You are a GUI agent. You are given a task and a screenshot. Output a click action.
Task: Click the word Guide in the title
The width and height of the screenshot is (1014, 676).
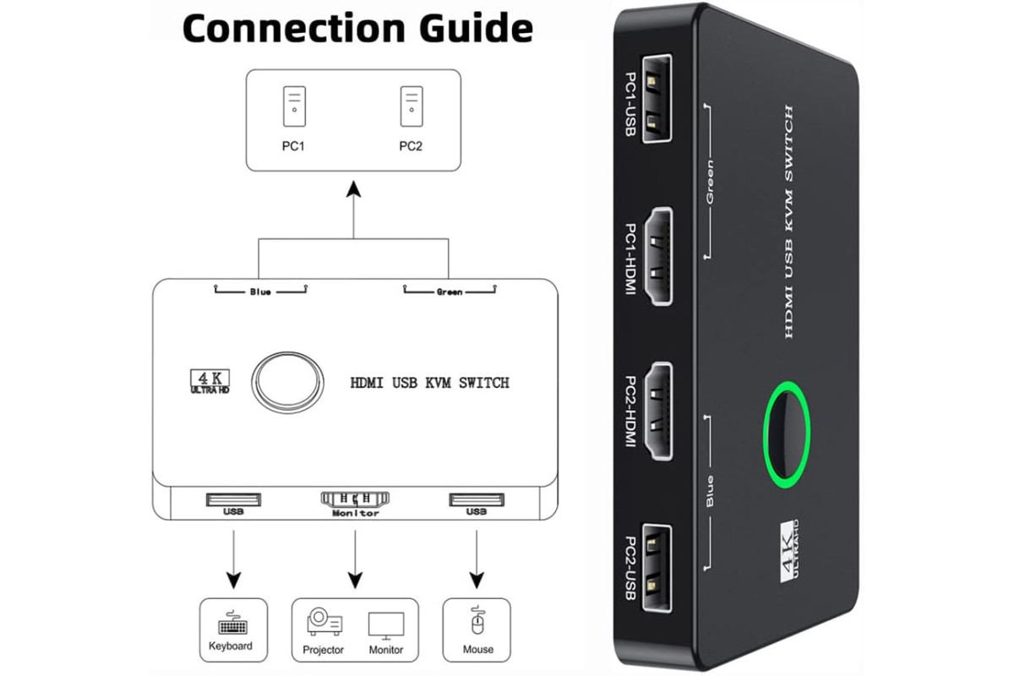click(476, 28)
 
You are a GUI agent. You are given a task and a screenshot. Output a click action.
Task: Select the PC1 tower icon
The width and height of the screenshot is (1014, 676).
click(294, 106)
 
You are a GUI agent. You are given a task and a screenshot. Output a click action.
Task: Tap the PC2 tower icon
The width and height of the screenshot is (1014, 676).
click(412, 106)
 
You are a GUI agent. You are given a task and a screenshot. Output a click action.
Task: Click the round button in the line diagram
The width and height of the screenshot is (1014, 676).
click(287, 383)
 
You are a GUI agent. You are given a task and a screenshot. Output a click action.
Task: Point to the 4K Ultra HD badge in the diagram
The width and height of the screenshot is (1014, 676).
click(210, 381)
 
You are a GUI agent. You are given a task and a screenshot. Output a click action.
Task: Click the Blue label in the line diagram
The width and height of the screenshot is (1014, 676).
click(260, 292)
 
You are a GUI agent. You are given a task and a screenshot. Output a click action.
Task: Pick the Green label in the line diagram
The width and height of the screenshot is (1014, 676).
click(450, 292)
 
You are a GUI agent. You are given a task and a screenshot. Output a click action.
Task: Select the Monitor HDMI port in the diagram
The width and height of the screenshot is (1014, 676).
click(355, 499)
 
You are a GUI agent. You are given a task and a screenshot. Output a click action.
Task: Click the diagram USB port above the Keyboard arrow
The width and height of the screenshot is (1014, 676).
click(233, 499)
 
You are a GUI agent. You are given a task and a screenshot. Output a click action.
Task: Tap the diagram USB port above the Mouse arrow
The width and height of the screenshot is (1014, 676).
click(477, 499)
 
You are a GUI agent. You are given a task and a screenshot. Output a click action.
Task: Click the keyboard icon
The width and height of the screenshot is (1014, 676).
click(232, 623)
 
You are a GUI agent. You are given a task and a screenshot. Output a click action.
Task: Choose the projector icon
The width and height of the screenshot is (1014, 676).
click(324, 622)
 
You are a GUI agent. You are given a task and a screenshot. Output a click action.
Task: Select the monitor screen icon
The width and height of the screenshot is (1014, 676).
click(386, 626)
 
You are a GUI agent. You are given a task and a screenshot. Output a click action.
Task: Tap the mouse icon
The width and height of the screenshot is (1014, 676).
click(477, 620)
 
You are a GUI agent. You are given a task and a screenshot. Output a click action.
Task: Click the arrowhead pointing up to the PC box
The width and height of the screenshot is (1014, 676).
click(353, 189)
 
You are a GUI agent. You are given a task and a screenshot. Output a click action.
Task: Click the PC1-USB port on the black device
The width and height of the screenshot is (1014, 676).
click(657, 98)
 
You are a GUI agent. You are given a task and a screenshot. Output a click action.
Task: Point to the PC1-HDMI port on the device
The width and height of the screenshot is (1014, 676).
click(658, 256)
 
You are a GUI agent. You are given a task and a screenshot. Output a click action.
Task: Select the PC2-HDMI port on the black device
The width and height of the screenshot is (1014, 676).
click(658, 412)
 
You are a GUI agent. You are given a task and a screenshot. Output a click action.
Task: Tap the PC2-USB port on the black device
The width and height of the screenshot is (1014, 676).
click(657, 568)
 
